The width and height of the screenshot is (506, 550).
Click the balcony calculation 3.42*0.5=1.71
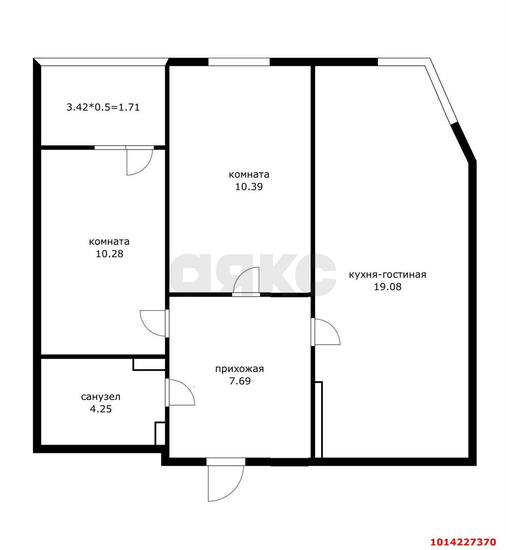pos(103,107)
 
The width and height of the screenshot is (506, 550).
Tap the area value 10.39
pos(248,187)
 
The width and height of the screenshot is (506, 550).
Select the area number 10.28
pos(109,254)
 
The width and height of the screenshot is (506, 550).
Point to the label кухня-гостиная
pos(387,275)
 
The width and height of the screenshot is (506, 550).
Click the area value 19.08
pos(388,287)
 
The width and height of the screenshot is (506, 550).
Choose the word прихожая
pos(239,369)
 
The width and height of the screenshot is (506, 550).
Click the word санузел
pos(101,397)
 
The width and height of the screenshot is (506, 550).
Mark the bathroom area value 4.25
pos(101,409)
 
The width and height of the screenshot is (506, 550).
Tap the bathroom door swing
pos(182,392)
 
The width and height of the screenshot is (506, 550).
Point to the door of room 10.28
pos(153,323)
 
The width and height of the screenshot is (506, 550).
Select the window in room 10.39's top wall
pos(239,62)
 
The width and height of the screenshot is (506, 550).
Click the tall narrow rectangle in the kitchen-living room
pos(318,420)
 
